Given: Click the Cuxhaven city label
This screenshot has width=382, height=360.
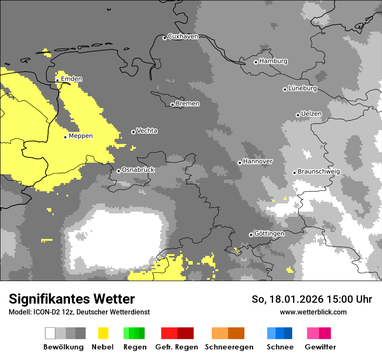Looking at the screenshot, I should point(183,36).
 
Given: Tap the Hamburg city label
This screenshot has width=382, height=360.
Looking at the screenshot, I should point(273,61).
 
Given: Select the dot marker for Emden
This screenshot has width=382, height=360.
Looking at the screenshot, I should point(57,80).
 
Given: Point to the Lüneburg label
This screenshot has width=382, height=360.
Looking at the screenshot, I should point(302,88).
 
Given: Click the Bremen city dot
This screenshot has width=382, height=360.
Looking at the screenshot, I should point(172,105).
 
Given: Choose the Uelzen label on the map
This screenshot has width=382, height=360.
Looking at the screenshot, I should point(311,114).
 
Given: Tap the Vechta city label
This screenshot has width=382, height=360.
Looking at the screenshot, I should point(147,131).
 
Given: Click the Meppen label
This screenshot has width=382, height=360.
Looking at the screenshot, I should point(81,136).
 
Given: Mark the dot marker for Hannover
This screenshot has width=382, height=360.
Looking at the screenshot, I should point(240,163).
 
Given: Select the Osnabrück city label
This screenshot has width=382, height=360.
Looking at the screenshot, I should point(138,170).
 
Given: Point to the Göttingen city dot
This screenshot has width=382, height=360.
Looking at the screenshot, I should point(251,235).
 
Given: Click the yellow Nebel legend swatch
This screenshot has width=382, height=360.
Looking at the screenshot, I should point(103,333).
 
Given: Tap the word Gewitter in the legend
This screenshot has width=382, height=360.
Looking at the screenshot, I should point(320,347).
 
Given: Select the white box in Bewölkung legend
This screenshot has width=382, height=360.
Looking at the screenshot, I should point(50,333).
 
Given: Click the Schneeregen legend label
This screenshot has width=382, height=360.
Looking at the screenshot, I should point(229,347).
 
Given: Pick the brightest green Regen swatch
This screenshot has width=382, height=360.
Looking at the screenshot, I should point(126,333).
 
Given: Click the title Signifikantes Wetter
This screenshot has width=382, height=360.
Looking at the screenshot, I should point(72,299).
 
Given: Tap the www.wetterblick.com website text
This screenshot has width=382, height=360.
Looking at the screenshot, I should point(313,312).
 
